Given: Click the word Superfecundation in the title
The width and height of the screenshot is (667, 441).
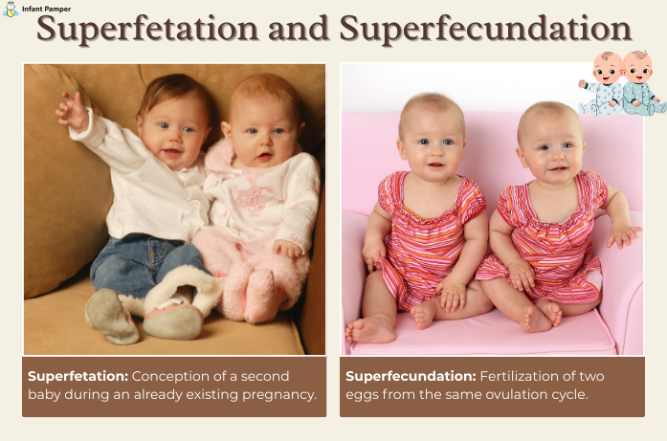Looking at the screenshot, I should pyautogui.click(x=485, y=32).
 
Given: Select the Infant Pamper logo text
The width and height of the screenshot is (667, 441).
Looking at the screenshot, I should pyautogui.click(x=46, y=9).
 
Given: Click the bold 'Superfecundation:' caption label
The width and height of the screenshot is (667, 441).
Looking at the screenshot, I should pyautogui.click(x=407, y=376).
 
